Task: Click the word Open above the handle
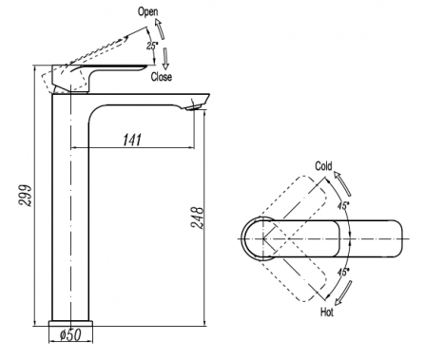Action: coord(147,12)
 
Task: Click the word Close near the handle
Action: coord(162,77)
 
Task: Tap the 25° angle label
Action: coord(152,46)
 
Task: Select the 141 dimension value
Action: coord(132,140)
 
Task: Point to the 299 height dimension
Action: coord(26,196)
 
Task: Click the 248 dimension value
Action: coord(197,218)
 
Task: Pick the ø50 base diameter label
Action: coord(70,334)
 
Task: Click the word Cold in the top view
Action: coord(323,166)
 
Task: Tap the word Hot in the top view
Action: coord(327,313)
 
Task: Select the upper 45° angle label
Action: coord(343,205)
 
